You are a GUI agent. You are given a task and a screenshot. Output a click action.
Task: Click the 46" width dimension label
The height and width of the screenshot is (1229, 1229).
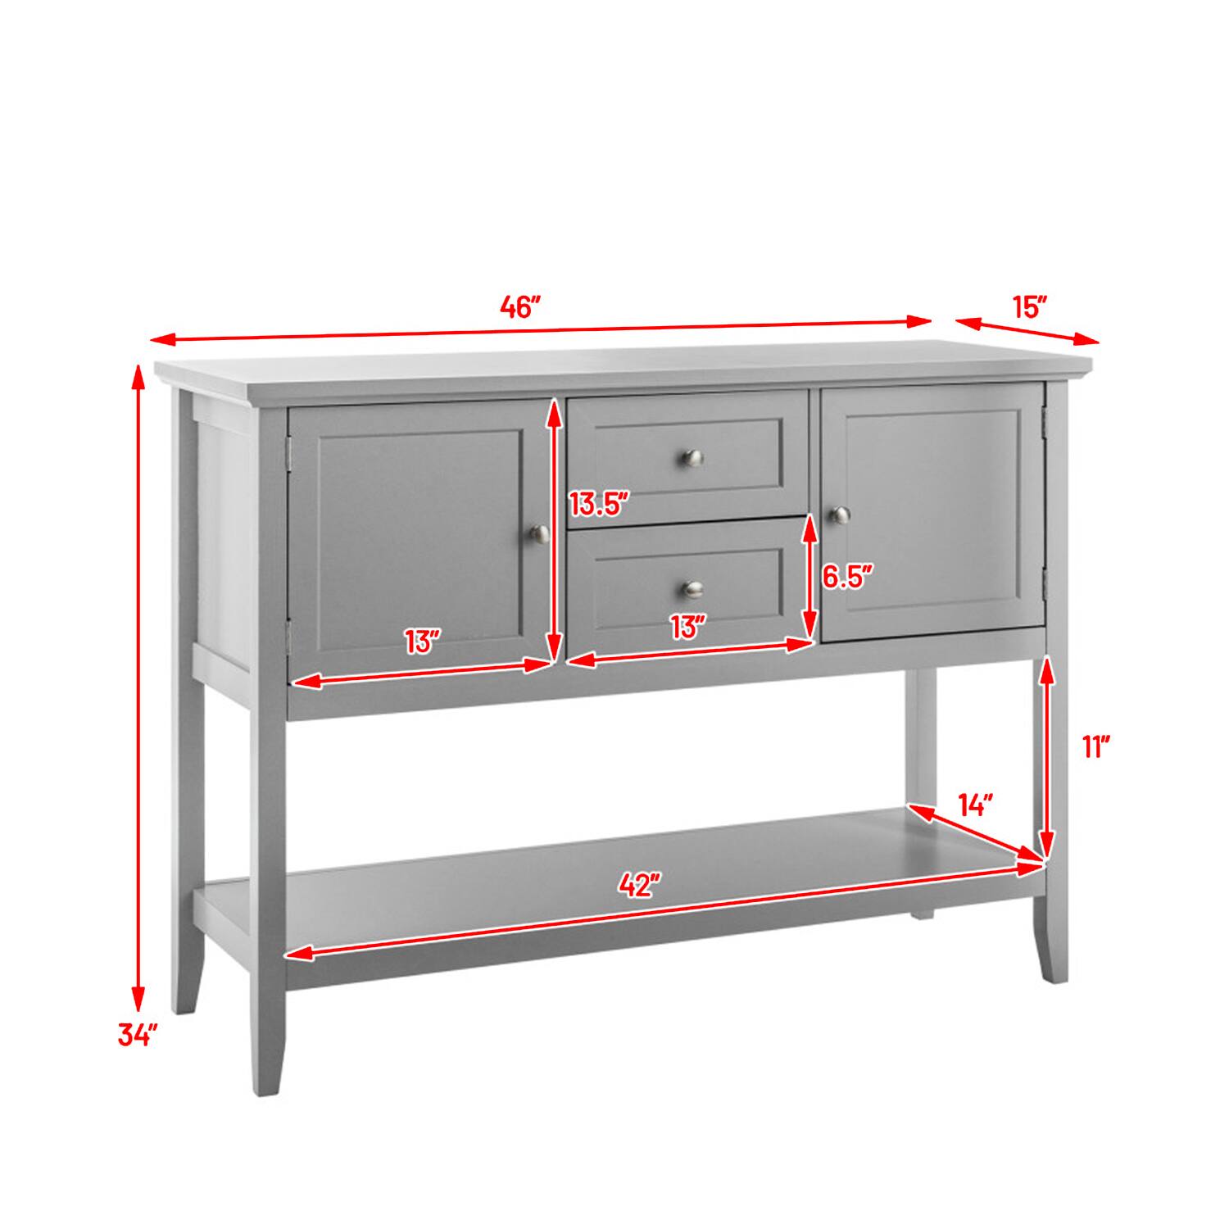(x=521, y=308)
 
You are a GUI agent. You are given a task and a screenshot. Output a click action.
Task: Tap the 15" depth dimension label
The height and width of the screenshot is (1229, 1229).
(x=1030, y=308)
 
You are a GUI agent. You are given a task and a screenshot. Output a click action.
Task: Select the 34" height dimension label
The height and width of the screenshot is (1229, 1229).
(x=137, y=1035)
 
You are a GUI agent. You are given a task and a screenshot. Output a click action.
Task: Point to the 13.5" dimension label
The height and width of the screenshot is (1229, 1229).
(x=599, y=504)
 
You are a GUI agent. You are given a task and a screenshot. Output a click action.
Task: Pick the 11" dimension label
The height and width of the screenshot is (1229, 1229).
(x=1095, y=747)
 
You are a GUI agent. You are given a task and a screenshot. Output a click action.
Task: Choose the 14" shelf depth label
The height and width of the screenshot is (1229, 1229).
(x=975, y=805)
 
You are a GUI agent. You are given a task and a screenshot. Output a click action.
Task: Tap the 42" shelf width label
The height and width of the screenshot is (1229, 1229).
(x=639, y=885)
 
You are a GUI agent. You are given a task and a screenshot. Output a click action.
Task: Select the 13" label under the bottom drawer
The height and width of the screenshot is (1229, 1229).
(x=687, y=627)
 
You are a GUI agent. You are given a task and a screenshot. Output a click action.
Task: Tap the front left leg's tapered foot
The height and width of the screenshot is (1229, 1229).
(x=268, y=1065)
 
